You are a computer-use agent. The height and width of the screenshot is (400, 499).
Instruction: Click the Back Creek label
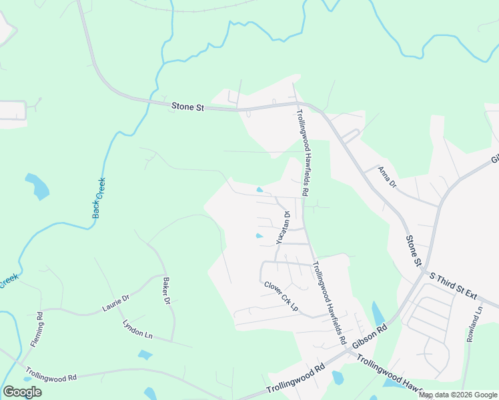(x=99, y=198)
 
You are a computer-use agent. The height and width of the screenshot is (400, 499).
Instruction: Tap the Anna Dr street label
(x=388, y=177)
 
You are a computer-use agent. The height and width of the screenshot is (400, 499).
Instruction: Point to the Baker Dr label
(x=164, y=291)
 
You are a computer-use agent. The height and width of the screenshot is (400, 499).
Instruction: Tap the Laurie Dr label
(x=115, y=304)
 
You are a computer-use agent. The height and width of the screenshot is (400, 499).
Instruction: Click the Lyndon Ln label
(x=138, y=329)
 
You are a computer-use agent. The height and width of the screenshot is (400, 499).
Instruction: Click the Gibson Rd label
(x=370, y=335)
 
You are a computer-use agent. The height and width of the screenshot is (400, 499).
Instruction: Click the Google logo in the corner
(x=22, y=392)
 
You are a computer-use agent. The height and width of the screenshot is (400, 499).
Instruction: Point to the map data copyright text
(x=458, y=395)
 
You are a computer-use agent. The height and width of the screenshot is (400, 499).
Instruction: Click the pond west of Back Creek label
(x=37, y=187)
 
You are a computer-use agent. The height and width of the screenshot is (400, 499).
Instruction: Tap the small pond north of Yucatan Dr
(x=260, y=190)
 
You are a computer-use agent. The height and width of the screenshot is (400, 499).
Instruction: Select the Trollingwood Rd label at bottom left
(x=51, y=374)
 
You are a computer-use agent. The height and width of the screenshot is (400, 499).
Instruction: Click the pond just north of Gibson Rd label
(x=378, y=313)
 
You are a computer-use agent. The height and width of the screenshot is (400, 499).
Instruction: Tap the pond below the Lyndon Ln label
(x=145, y=355)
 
